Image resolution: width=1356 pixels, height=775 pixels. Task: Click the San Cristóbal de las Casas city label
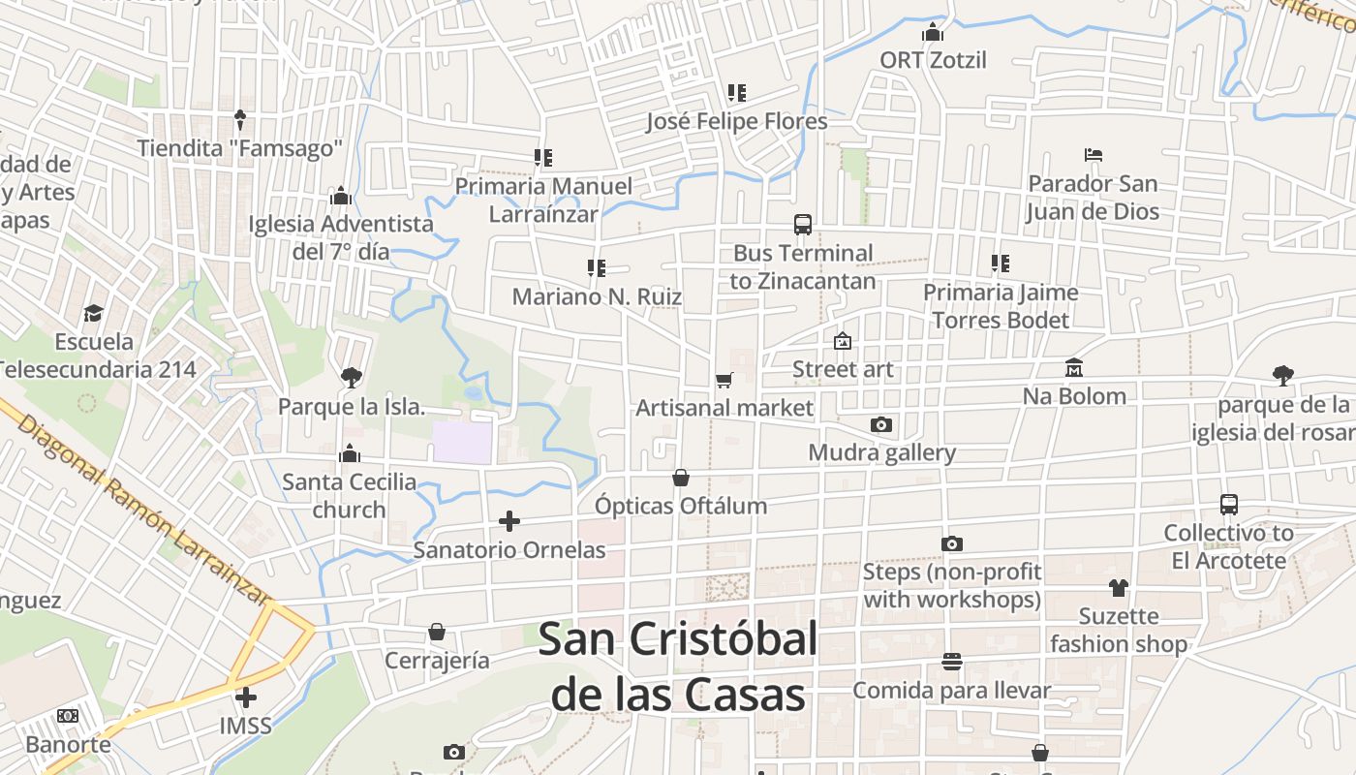coord(678,666)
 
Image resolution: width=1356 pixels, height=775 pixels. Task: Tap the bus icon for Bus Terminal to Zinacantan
coord(803,225)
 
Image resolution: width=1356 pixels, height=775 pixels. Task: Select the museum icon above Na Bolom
coord(1074,368)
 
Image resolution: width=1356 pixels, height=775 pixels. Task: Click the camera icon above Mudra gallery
coord(880,424)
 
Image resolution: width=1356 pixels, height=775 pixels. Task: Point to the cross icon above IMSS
coord(246,697)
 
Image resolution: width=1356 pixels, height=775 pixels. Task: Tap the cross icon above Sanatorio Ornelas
coord(509,522)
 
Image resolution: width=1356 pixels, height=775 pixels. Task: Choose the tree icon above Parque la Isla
coord(351,378)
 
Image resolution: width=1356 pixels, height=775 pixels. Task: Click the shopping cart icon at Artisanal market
coord(724,380)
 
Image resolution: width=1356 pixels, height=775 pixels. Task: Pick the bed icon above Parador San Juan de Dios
coord(1094,155)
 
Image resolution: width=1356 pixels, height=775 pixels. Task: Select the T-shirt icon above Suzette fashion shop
coord(1119,587)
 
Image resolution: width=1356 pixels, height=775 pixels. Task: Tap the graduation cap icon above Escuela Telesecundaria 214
coord(93,313)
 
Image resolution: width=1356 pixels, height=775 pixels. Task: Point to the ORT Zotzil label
coord(933,60)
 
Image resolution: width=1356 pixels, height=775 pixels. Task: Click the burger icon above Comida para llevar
coord(951,662)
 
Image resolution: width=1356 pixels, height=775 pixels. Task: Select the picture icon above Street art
coord(843,341)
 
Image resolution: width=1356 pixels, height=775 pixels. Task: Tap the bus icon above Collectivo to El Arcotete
coord(1229,505)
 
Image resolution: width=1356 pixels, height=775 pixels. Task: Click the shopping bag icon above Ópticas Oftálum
coord(681,478)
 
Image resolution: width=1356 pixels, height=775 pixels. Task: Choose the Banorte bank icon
coord(68,716)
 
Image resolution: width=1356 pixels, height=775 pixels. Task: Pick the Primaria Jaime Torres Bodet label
coord(1000,306)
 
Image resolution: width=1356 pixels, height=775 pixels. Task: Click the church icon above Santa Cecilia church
coord(350,453)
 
